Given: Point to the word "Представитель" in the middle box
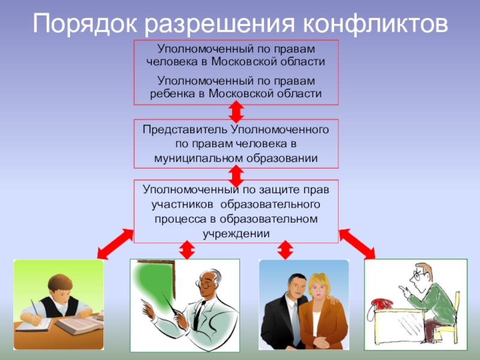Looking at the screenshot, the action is click(182, 130).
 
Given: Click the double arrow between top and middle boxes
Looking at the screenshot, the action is click(236, 112).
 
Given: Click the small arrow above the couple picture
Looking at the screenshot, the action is click(286, 250).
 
